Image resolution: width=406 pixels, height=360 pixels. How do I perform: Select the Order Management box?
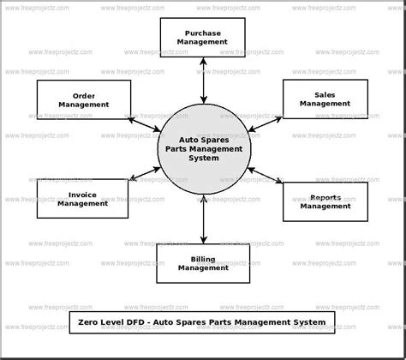(84, 99)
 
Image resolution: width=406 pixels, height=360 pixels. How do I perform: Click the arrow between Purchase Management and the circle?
(203, 80)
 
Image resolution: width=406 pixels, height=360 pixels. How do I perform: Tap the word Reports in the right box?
(325, 196)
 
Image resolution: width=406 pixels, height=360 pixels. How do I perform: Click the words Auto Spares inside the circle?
(204, 139)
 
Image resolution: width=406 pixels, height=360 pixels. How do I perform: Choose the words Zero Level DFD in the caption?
(110, 322)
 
